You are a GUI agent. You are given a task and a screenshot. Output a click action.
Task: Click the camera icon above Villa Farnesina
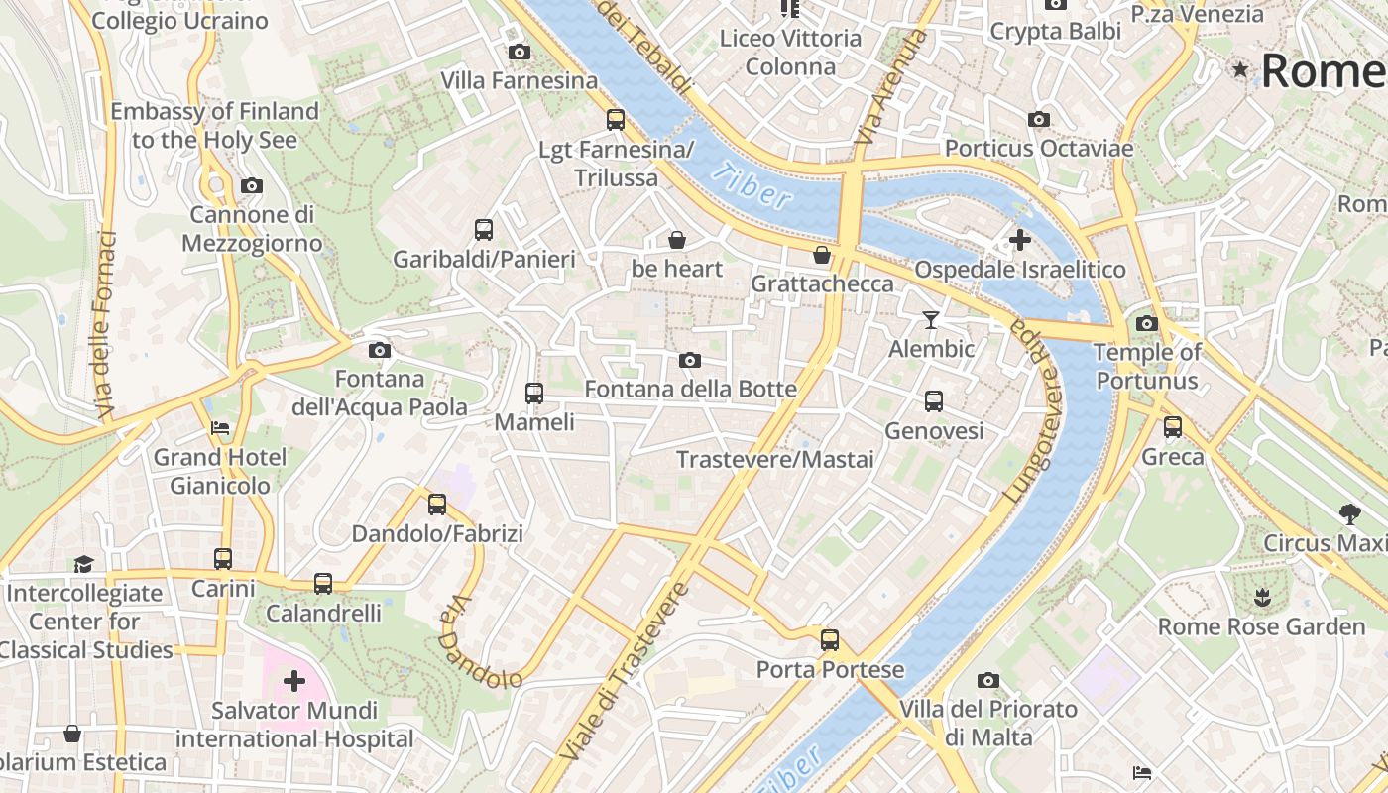pos(519,53)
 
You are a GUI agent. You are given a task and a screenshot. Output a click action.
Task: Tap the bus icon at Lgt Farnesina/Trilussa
pos(616,120)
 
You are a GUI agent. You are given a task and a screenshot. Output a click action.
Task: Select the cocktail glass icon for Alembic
pos(930,319)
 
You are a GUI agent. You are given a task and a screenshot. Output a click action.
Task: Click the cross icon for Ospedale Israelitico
pos(1019,240)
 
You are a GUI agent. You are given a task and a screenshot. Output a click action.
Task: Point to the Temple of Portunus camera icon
pos(1147,323)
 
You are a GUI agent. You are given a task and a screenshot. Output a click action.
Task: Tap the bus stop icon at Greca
pos(1173,427)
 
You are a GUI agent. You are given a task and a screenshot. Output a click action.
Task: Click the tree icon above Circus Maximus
pos(1348,513)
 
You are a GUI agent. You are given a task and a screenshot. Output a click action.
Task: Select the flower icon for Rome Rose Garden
pos(1261,598)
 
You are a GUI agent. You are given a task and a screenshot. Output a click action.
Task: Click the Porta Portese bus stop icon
pos(830,640)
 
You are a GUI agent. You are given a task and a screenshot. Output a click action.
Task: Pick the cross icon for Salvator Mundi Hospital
pos(294,681)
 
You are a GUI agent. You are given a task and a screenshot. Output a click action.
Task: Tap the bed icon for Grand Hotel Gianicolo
pos(220,428)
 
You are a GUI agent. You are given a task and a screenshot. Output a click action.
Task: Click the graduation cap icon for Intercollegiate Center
pos(83,564)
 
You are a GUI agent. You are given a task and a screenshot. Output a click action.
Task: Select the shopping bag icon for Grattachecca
pos(822,255)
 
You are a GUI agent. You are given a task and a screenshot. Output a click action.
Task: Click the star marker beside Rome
pos(1239,69)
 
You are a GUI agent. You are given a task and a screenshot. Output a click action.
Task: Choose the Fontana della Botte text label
pos(690,389)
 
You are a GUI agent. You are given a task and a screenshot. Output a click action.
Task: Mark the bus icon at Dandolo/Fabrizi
pos(437,505)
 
